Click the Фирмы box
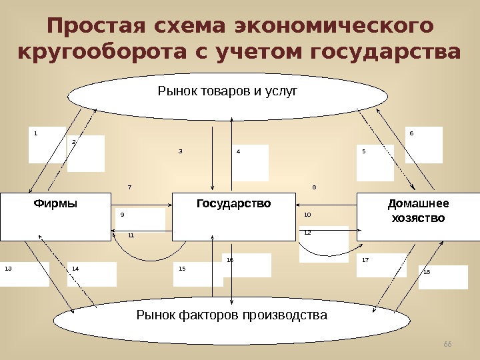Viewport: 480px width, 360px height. coord(55,217)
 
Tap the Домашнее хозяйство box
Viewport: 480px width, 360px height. coord(419,217)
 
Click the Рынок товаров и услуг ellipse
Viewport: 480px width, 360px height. coord(227,95)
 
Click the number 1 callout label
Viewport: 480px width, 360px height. coord(36,133)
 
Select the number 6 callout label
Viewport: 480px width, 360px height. coord(412,133)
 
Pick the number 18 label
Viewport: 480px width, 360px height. coord(427,272)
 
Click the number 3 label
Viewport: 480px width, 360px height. coord(180,151)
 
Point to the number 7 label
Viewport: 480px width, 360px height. coord(129,187)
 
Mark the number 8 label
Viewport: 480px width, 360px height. coord(314,187)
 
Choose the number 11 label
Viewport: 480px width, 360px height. coord(131,235)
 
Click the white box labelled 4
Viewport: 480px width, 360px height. coord(251,163)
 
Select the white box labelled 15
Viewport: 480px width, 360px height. coord(198,273)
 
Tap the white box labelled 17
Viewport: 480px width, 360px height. coord(381,265)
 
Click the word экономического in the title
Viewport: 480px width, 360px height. coord(331,27)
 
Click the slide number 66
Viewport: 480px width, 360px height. coord(447,343)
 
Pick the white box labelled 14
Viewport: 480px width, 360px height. coord(92,274)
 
